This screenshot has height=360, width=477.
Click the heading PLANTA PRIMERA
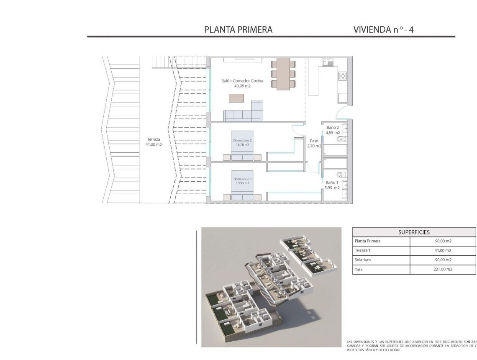(238, 29)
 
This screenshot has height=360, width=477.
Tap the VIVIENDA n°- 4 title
(384, 29)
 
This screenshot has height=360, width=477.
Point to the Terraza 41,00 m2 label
(154, 142)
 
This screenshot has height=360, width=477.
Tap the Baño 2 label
(333, 130)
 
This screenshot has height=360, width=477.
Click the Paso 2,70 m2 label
(314, 144)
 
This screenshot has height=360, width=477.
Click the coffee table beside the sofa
(236, 98)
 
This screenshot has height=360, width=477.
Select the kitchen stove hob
(342, 76)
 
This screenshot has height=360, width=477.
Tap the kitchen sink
(328, 62)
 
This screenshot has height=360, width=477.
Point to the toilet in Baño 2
(341, 138)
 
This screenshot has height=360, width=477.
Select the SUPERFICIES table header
(414, 232)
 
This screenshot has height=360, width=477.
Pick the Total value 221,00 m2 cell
(443, 270)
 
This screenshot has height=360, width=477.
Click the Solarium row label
(363, 260)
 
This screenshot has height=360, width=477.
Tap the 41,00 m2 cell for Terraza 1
(443, 250)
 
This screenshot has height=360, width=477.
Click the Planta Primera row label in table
(367, 241)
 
